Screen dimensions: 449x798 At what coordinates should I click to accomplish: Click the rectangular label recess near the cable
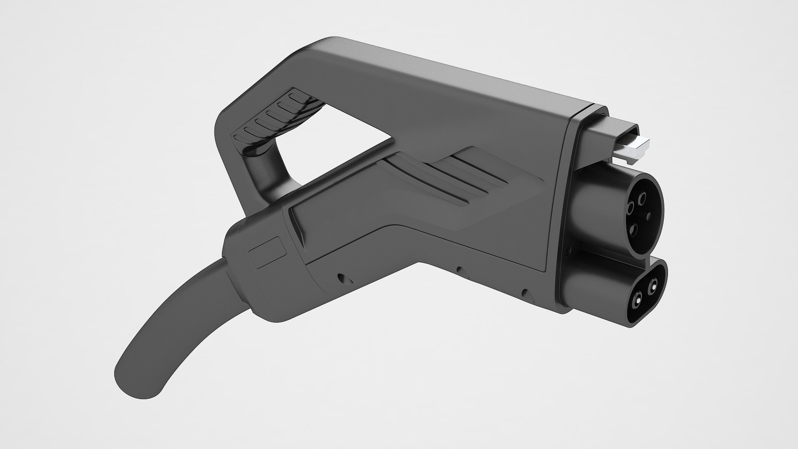click(x=268, y=253)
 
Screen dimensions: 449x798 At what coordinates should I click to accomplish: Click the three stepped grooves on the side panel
click(x=470, y=175)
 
